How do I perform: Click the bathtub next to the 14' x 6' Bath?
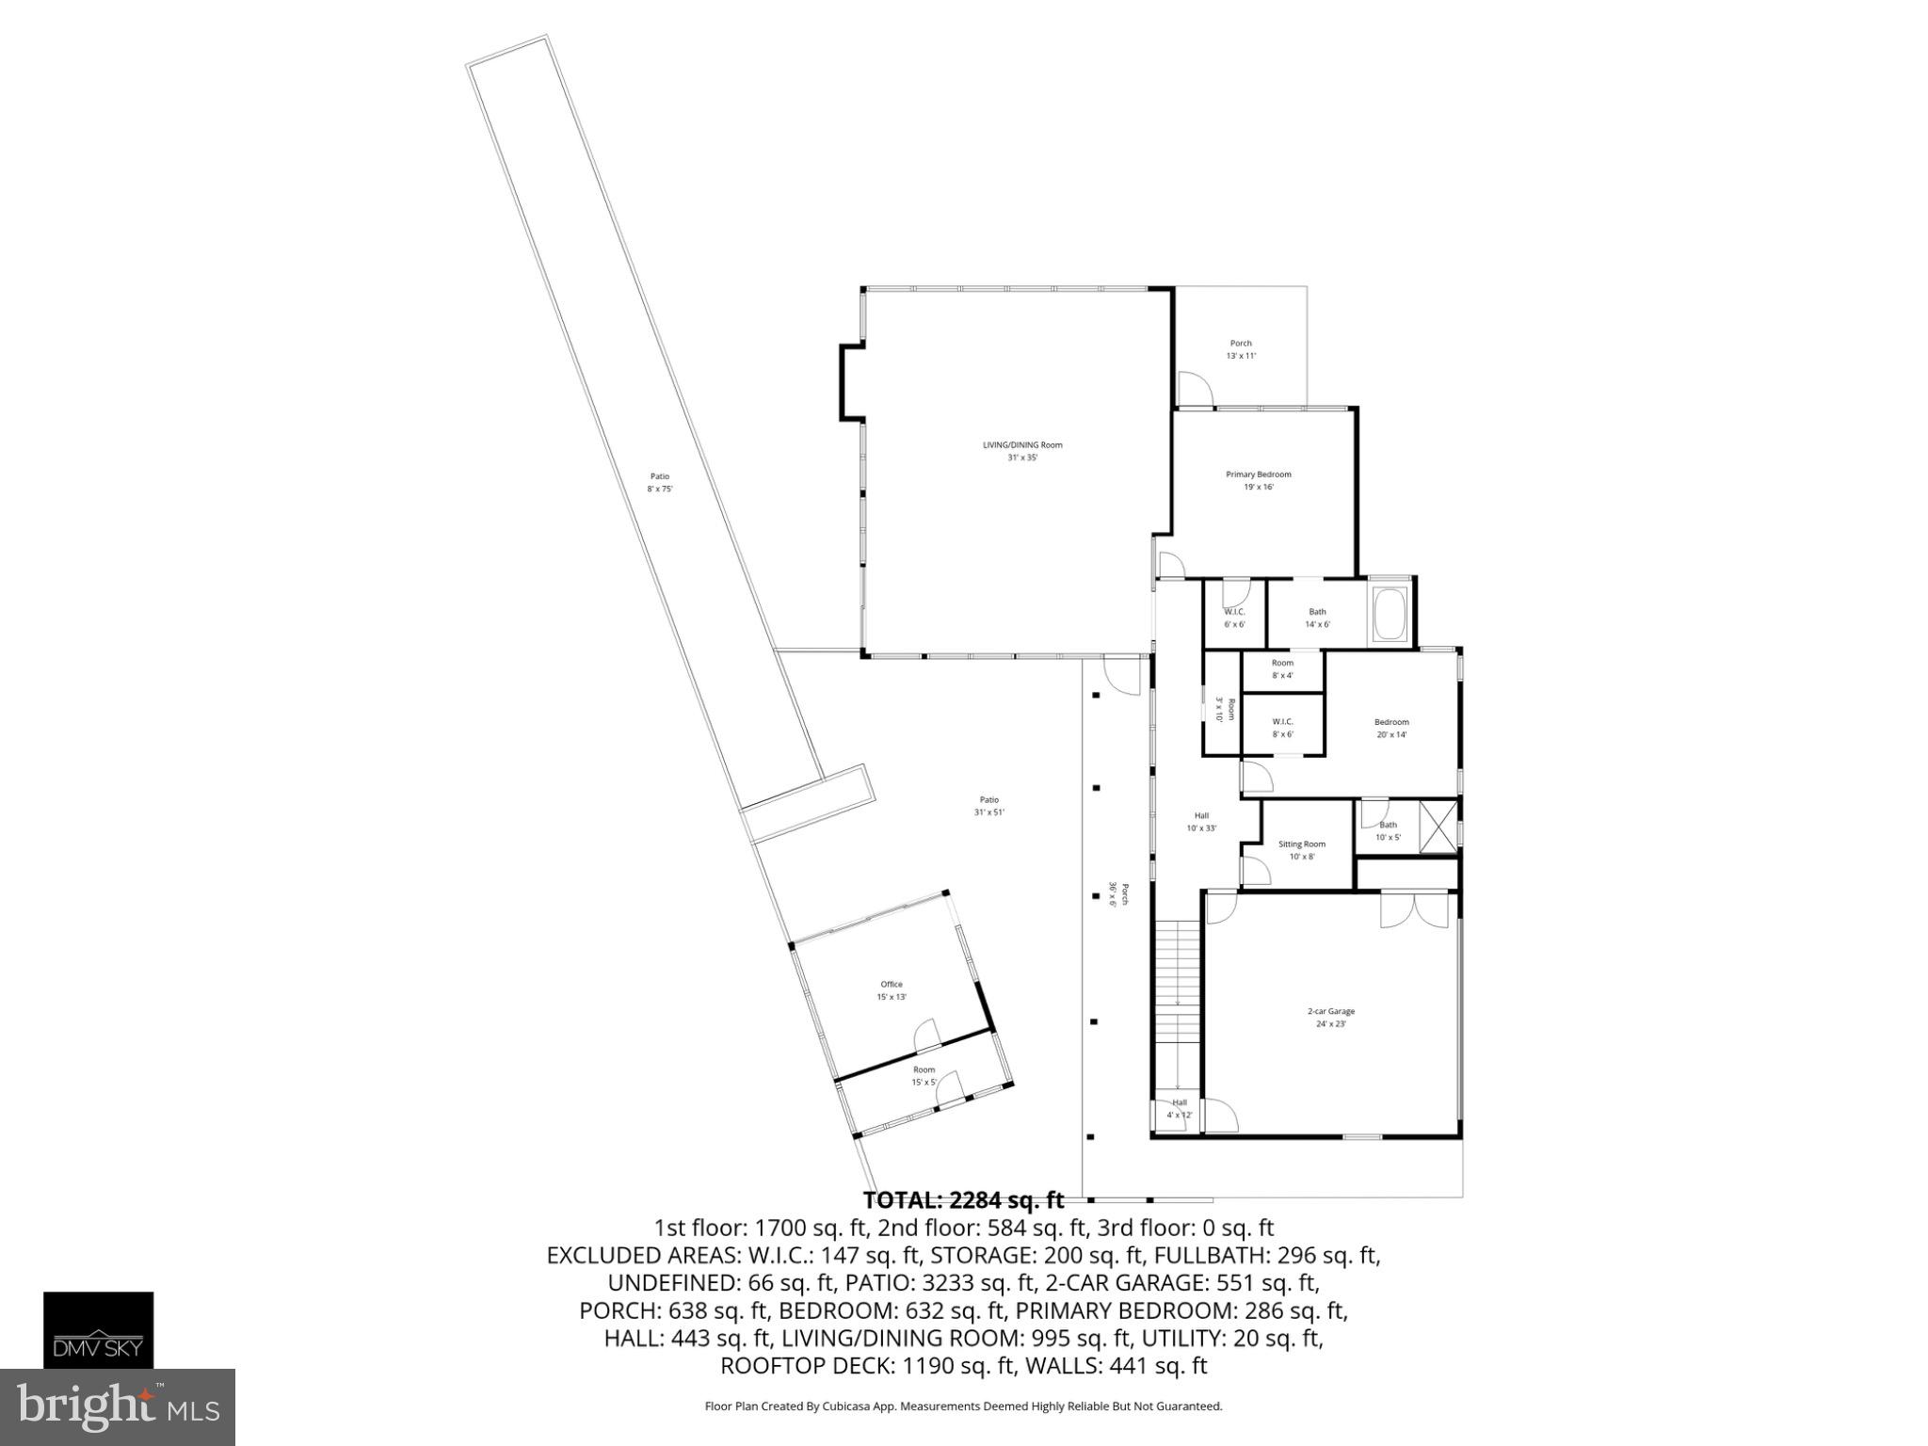tap(1390, 613)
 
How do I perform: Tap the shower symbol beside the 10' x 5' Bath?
tap(1437, 826)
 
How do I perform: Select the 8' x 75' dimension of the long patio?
tap(660, 489)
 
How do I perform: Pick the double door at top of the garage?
tap(1414, 910)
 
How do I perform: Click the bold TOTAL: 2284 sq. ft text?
tap(963, 1200)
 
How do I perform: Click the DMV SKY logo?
tap(98, 1329)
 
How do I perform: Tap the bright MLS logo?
tap(117, 1406)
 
